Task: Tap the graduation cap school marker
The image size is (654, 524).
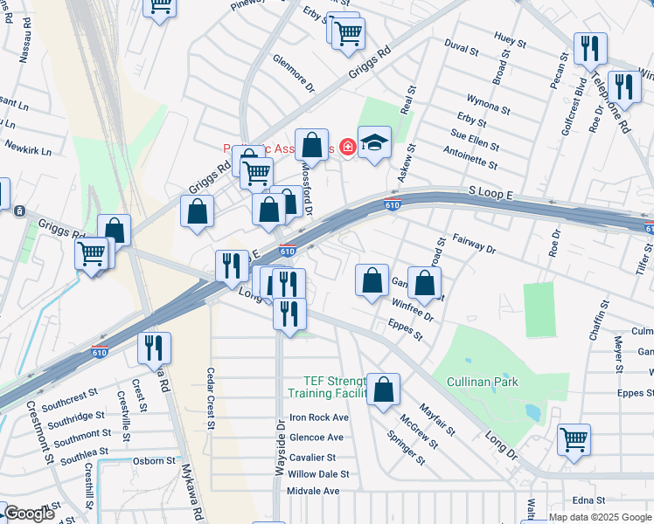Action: pyautogui.click(x=374, y=143)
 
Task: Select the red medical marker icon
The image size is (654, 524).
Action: pyautogui.click(x=348, y=147)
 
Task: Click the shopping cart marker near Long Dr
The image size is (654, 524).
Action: pyautogui.click(x=574, y=441)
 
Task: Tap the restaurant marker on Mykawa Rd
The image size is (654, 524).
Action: pyautogui.click(x=154, y=349)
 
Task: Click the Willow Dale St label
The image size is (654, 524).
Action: pyautogui.click(x=319, y=474)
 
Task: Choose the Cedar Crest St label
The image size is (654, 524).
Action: pyautogui.click(x=211, y=398)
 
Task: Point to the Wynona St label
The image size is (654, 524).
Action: pyautogui.click(x=488, y=103)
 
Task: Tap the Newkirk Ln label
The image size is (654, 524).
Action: pyautogui.click(x=28, y=148)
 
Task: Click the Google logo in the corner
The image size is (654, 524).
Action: pyautogui.click(x=29, y=513)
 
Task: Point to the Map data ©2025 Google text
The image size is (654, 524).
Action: pyautogui.click(x=600, y=517)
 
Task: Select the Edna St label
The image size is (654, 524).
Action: pyautogui.click(x=589, y=500)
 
